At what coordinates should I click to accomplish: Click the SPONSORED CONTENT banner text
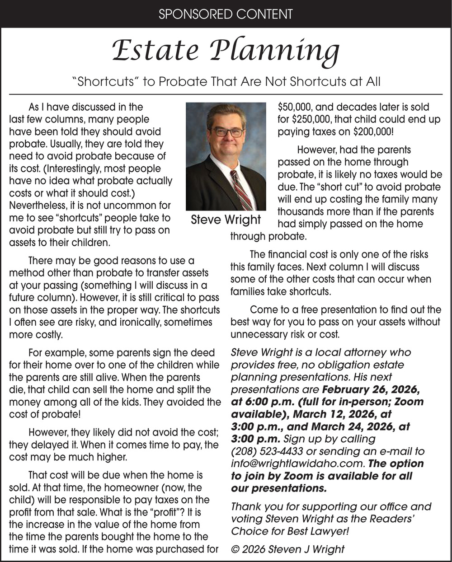226,14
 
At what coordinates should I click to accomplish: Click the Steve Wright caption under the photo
226,220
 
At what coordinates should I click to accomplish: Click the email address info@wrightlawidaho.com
297,464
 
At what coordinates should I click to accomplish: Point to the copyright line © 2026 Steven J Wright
287,549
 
